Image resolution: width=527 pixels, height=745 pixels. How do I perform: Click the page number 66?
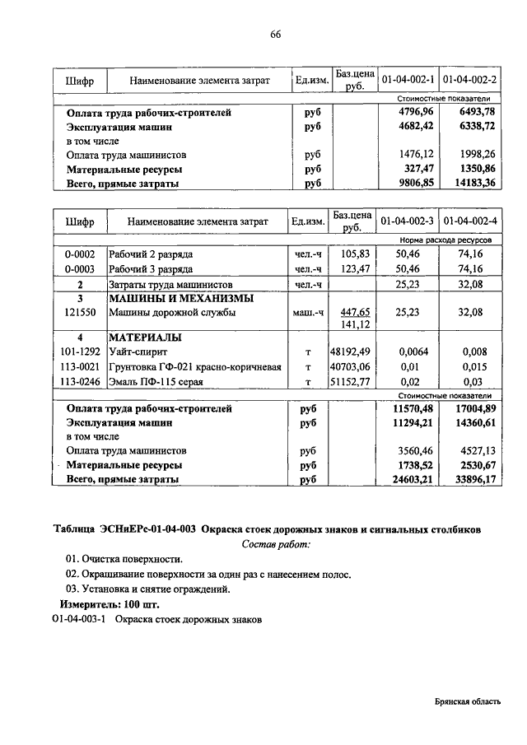(275, 34)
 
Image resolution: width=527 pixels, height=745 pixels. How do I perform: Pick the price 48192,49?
(352, 352)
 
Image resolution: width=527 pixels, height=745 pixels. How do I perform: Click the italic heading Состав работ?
(277, 545)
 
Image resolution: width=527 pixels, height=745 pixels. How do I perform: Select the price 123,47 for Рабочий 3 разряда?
(352, 269)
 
